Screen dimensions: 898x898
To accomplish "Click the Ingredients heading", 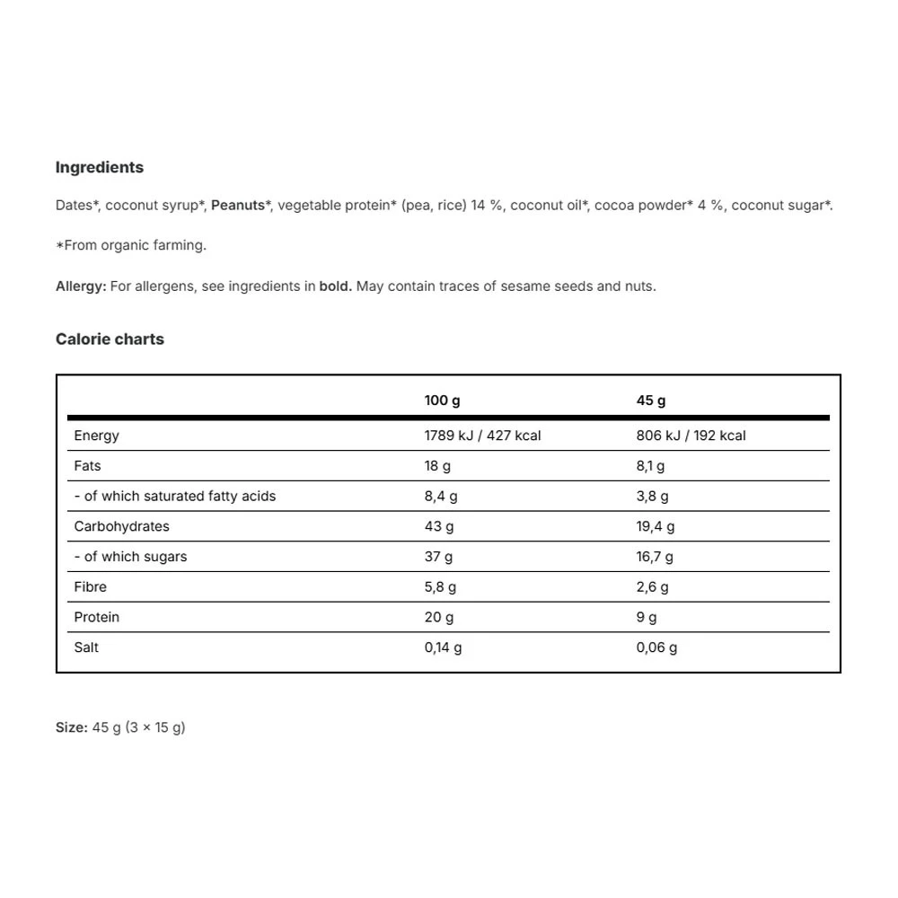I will coord(100,167).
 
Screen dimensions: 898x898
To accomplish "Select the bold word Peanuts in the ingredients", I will coord(238,206).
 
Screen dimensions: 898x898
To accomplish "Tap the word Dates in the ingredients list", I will coord(74,206).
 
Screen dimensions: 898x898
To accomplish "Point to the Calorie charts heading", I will coord(110,339).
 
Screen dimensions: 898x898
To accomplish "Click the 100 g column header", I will coord(442,401).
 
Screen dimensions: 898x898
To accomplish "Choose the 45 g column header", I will coord(651,401).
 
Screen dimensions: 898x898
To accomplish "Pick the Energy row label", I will coord(96,436).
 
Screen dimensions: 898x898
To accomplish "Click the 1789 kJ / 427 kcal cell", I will coord(482,436).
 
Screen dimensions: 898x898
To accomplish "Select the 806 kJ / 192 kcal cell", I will coord(691,436).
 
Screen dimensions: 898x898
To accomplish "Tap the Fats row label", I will coord(87,466).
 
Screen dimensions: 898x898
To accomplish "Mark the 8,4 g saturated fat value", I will coord(441,497).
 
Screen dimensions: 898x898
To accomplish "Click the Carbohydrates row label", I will coord(121,526).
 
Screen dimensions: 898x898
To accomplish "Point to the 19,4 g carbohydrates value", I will coord(656,527).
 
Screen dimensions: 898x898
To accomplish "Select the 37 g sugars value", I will coord(438,557).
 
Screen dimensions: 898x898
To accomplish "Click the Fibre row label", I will coord(90,587).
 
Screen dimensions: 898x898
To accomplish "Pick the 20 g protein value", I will coord(439,618).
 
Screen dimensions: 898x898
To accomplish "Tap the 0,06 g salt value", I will coord(656,647).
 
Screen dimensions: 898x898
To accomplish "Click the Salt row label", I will coord(86,647).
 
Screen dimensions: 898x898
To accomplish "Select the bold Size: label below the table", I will coord(71,727).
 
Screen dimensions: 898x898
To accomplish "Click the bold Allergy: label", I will coord(81,286).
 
